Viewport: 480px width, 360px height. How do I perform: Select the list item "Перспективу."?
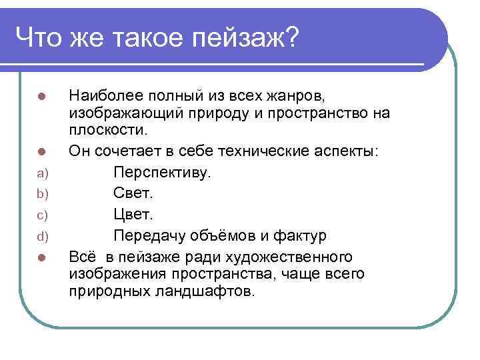pos(162,173)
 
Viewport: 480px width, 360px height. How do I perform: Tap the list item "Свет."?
pos(133,194)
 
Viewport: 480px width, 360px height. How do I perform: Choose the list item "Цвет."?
pos(133,215)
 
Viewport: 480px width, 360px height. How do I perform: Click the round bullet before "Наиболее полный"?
pos(41,96)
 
